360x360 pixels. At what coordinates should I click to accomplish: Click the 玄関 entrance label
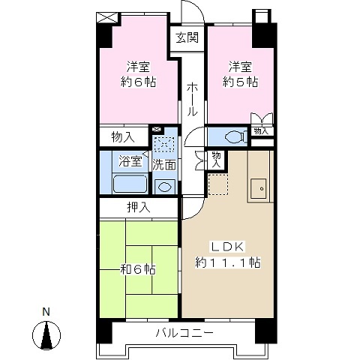click(x=187, y=37)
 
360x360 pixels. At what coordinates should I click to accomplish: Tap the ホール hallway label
click(x=192, y=99)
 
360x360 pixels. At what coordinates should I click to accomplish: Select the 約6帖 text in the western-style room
click(x=138, y=82)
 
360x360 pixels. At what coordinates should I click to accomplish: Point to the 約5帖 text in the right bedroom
click(x=240, y=82)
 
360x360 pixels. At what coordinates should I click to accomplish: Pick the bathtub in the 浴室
click(x=130, y=184)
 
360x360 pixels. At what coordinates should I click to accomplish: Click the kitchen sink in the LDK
click(x=259, y=188)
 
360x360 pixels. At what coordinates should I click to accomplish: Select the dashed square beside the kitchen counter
click(x=218, y=184)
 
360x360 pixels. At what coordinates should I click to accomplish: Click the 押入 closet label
click(x=139, y=208)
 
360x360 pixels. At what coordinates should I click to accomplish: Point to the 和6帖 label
click(x=138, y=269)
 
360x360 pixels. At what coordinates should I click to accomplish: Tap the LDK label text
click(x=228, y=247)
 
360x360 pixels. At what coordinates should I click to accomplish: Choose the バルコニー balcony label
click(x=184, y=333)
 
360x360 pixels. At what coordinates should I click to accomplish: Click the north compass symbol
click(x=46, y=335)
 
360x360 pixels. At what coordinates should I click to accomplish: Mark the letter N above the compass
click(x=46, y=312)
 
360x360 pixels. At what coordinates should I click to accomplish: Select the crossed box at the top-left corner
click(x=106, y=17)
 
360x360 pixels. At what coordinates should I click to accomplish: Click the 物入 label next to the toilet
click(x=261, y=131)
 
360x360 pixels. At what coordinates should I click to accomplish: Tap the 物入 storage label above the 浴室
click(x=123, y=137)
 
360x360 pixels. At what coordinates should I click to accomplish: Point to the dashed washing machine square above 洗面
click(x=164, y=144)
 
